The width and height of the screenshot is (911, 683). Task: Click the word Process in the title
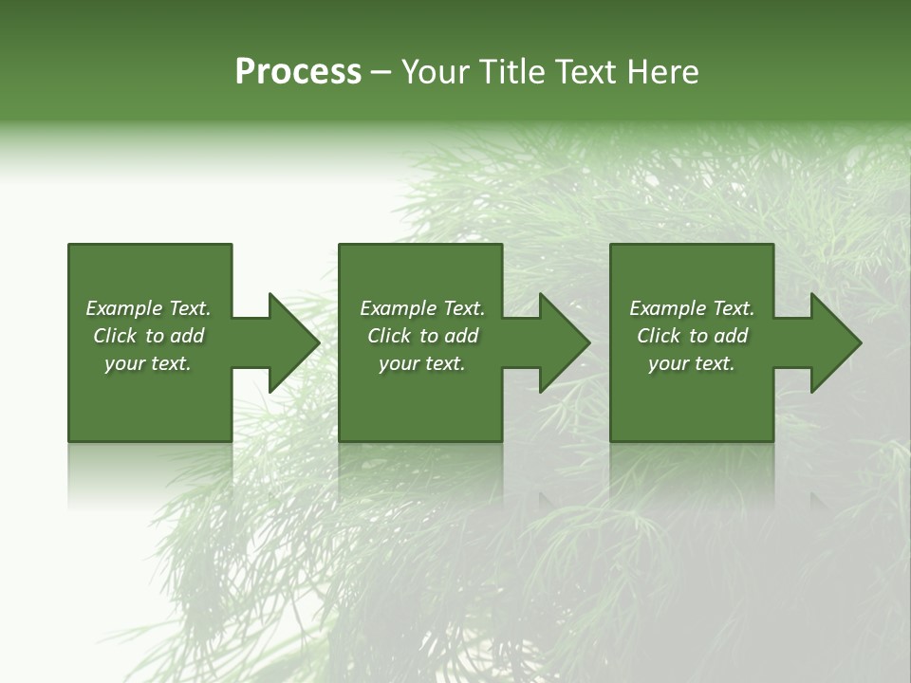(298, 72)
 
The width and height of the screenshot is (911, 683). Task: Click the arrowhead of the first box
(294, 342)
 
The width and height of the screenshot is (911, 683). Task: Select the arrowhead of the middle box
(565, 342)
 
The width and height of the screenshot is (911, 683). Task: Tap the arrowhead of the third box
(836, 342)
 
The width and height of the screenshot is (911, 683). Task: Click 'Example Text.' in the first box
(148, 308)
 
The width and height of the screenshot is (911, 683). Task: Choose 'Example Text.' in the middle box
(422, 308)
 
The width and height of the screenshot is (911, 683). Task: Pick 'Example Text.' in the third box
(692, 308)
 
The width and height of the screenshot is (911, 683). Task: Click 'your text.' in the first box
(148, 363)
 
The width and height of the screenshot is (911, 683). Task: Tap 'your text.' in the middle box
(422, 363)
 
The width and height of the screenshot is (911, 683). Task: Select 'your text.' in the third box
(692, 363)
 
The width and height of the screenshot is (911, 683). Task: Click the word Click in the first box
(115, 336)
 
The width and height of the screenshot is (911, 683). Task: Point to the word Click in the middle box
(389, 336)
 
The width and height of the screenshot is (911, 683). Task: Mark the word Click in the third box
(659, 336)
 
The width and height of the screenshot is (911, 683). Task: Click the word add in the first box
(188, 336)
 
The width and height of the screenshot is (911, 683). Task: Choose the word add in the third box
(732, 336)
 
